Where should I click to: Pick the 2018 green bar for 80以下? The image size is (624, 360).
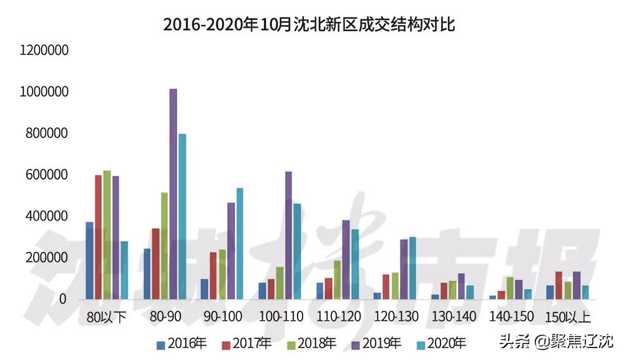click(107, 235)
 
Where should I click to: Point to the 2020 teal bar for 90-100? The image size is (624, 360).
click(240, 244)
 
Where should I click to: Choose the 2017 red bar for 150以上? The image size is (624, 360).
click(558, 285)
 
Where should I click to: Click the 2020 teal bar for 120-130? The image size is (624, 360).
click(412, 268)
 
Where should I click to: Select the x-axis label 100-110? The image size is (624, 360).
click(280, 318)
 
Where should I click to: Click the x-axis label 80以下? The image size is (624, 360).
click(107, 318)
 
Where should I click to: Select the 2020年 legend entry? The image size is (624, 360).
click(444, 343)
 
